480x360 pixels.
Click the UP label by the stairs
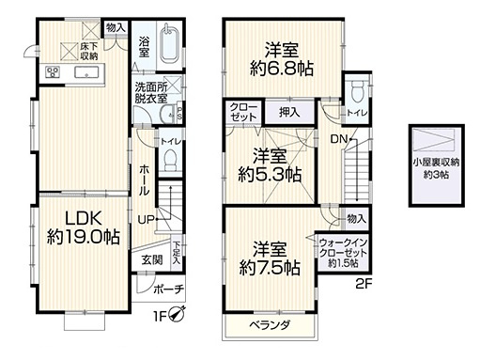point(147,220)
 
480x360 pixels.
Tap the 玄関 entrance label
point(153,259)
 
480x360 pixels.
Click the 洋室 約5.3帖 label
point(270,165)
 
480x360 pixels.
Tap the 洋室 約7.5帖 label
point(269,259)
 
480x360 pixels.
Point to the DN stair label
point(340,139)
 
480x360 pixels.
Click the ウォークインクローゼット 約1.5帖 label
point(342,251)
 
